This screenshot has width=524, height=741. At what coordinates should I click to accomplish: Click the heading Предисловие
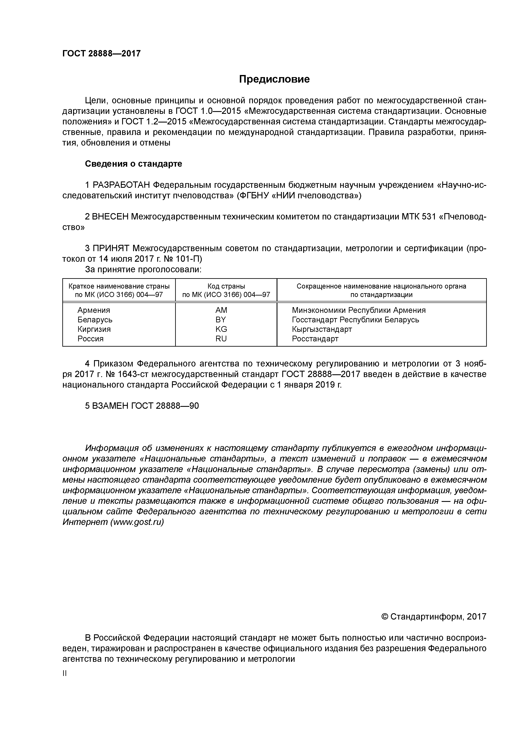[x=274, y=79]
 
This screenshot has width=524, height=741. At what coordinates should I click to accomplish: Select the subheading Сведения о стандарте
[x=133, y=164]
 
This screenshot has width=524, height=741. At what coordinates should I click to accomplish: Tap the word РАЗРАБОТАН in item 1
[x=121, y=185]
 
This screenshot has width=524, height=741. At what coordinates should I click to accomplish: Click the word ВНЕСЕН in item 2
[x=110, y=217]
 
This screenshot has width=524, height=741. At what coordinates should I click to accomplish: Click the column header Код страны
[x=226, y=286]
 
